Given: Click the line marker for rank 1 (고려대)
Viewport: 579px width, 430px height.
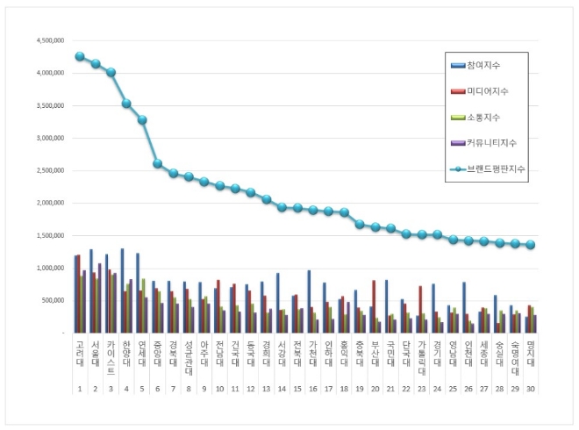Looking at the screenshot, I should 80,56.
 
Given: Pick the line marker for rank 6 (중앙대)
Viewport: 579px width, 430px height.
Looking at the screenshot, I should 157,163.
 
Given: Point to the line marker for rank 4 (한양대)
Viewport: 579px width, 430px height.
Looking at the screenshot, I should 126,104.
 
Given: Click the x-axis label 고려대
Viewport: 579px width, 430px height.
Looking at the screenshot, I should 80,358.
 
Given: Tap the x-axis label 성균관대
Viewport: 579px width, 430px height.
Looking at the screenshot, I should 189,362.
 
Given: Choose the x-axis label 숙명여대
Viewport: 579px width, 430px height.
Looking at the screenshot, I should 514,362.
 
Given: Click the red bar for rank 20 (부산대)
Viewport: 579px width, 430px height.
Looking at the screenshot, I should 374,306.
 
